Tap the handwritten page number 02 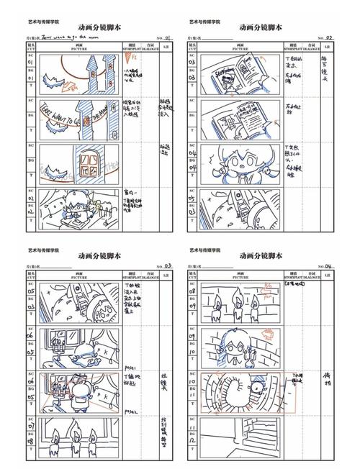click(x=330, y=37)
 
